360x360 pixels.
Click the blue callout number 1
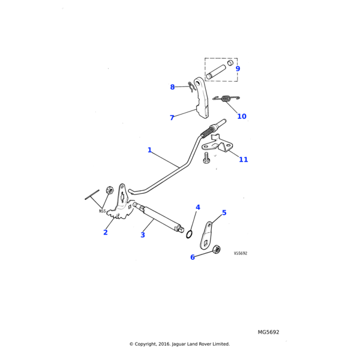149,150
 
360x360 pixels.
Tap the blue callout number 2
106,232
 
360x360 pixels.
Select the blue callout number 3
143,235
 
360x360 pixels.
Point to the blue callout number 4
197,208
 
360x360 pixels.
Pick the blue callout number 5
224,212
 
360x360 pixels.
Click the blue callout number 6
193,257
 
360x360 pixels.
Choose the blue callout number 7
172,118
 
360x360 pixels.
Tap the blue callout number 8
172,87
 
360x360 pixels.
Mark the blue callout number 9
238,69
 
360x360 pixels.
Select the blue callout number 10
242,116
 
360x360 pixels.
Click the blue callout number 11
243,160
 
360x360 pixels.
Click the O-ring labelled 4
189,233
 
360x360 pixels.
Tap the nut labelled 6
217,249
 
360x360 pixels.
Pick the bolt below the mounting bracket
207,159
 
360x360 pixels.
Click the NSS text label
102,211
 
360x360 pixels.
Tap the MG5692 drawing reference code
268,332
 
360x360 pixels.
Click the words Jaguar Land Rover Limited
204,344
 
